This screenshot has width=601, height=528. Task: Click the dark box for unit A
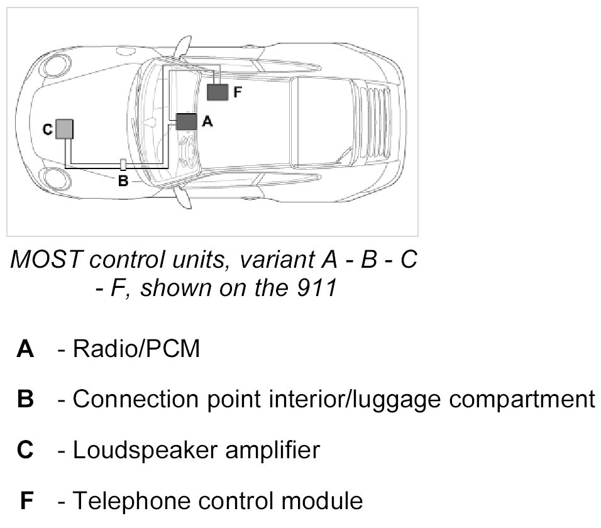coord(186,121)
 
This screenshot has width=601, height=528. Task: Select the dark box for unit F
coord(218,92)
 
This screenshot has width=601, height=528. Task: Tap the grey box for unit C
coord(65,129)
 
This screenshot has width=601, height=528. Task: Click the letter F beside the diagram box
coord(237,92)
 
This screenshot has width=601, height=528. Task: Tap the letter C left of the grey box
coord(47,129)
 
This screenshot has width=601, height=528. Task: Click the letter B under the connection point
coord(123,182)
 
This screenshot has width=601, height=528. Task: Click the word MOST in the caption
coord(40,260)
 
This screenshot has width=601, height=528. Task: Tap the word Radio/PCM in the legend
coord(137,349)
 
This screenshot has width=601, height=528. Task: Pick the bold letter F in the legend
coord(26,501)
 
